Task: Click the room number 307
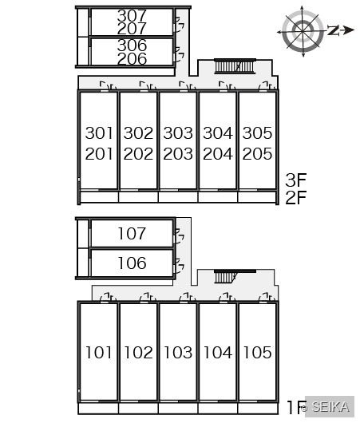pos(132,16)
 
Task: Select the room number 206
pos(132,59)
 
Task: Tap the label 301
pos(99,133)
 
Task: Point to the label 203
pos(178,154)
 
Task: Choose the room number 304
pos(217,133)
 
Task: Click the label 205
pos(257,154)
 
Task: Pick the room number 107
pos(132,233)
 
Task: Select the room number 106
pos(132,263)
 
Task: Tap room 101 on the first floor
pos(98,353)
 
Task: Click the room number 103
pos(178,353)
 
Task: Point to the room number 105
pos(257,353)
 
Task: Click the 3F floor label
pos(296,180)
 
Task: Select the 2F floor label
pos(296,198)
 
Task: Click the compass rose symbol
pos(303,31)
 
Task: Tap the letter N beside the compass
pos(334,30)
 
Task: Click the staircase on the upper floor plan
pos(235,66)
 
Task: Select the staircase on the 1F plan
pos(226,276)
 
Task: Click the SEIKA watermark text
pos(330,406)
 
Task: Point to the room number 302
pos(138,133)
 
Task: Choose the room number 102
pos(138,353)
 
